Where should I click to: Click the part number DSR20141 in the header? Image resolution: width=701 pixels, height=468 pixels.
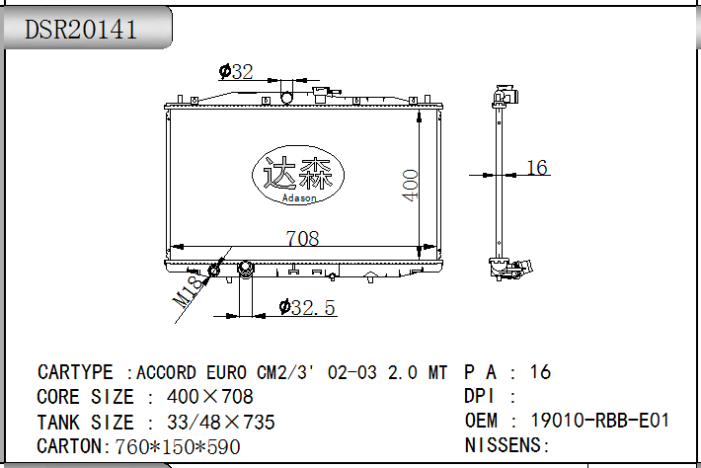click(81, 30)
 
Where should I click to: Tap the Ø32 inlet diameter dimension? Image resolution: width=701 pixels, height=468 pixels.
click(236, 71)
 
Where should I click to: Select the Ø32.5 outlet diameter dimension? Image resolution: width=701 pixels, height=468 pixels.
click(307, 307)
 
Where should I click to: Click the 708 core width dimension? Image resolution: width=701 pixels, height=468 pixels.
click(303, 238)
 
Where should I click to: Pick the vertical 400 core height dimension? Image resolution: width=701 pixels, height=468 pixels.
click(410, 185)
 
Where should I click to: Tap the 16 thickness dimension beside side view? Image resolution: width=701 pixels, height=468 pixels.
click(537, 168)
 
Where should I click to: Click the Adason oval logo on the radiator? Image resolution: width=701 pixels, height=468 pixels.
click(298, 175)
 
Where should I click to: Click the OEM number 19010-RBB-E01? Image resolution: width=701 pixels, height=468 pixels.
click(599, 421)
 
